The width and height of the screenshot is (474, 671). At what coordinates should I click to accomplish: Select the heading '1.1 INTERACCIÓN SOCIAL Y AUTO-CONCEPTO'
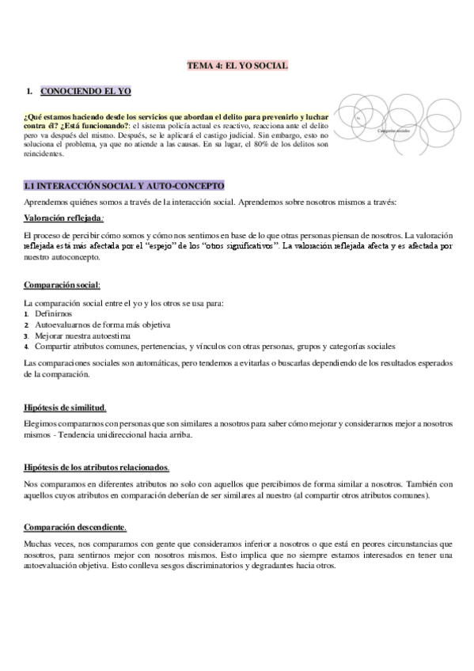124,186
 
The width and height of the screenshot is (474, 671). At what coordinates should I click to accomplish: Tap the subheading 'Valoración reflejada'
63,218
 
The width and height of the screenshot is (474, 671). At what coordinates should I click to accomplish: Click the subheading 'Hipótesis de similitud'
65,408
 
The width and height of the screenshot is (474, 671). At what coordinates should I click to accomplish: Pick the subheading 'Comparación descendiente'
75,526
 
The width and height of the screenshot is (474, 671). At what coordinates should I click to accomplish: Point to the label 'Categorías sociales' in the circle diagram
393,130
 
